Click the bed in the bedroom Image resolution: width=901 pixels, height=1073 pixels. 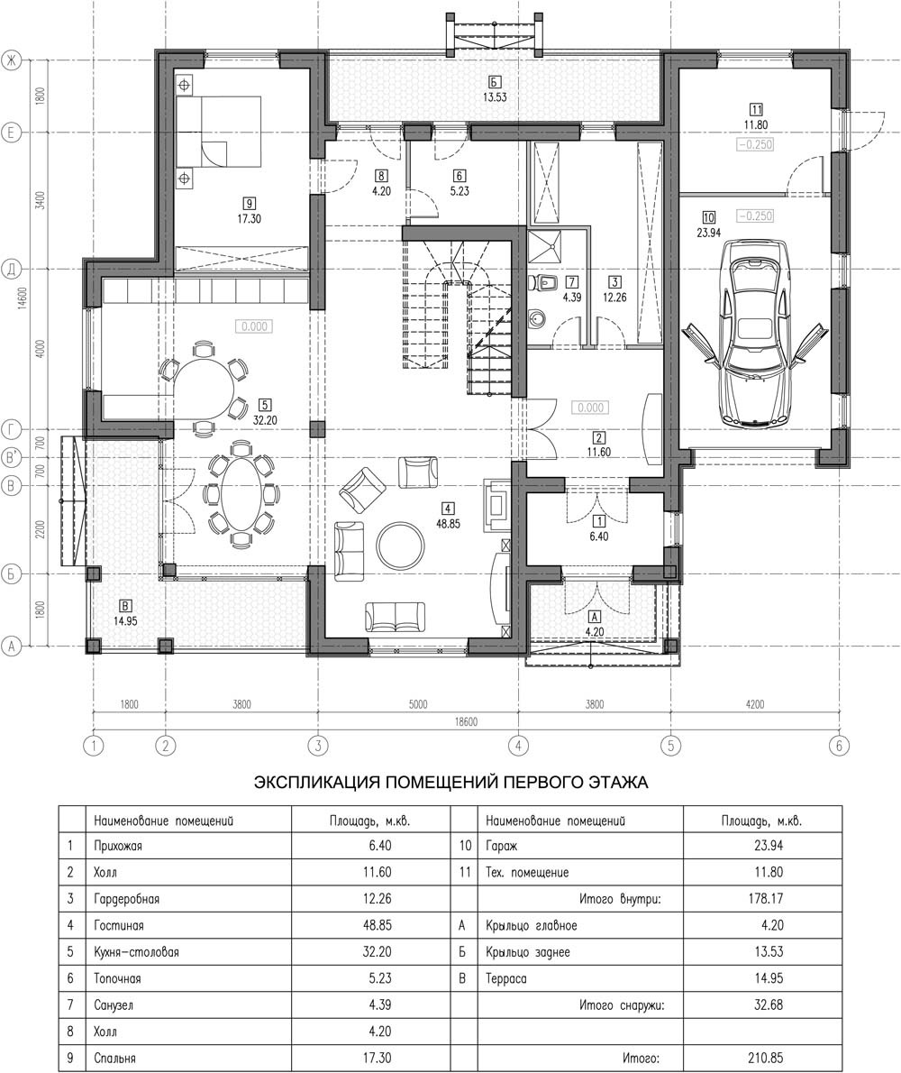point(220,131)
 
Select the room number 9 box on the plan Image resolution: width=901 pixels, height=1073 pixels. point(249,203)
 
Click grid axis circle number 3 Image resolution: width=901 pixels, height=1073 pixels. point(316,745)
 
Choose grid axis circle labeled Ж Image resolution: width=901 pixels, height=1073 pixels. point(11,61)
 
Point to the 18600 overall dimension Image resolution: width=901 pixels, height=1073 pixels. point(465,722)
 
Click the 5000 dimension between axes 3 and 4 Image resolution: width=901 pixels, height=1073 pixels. point(417,704)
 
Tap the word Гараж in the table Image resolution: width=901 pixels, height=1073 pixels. point(501,846)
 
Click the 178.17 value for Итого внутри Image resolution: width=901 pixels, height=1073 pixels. point(766,898)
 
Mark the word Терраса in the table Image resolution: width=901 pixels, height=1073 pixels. point(505,978)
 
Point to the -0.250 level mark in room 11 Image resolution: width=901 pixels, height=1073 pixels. point(755,144)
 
